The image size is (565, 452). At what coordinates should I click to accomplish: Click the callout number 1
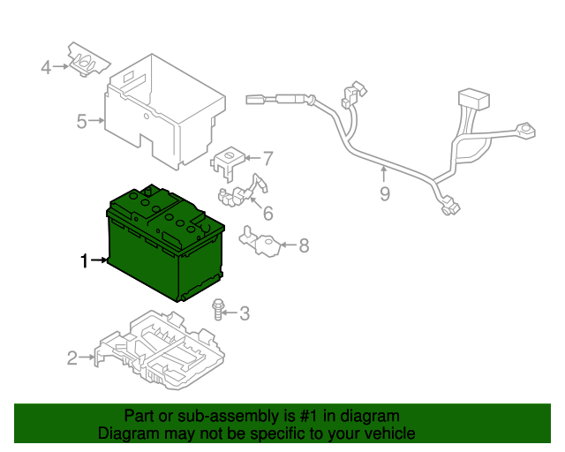coord(85,260)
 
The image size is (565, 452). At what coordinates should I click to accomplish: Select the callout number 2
coord(72,358)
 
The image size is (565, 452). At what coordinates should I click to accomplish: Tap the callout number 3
coord(245,312)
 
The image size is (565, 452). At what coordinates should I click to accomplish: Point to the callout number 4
coord(46,66)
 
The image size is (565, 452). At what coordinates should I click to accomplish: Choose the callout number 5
coord(81,121)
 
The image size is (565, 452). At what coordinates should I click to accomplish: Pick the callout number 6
coord(267,213)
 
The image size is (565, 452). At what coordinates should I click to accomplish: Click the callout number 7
coord(267,159)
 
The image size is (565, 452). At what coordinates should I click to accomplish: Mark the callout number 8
coord(304,246)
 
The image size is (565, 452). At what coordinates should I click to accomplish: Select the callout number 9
coord(385,193)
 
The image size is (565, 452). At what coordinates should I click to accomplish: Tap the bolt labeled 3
coord(217,309)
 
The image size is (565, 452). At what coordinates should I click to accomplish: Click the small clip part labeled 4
coord(89,62)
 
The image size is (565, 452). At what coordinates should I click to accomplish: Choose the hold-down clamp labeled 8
coord(260,242)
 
